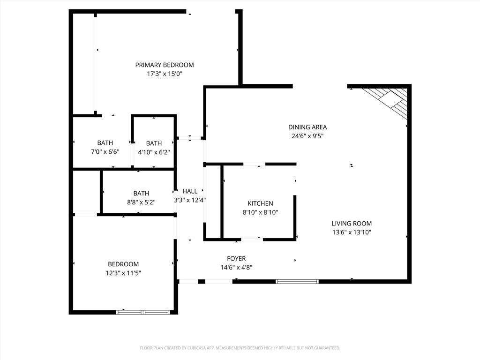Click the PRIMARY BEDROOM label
[x=165, y=65]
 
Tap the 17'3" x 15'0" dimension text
[x=165, y=74]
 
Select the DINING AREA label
[x=307, y=127]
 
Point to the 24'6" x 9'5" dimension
[x=307, y=136]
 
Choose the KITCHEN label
[x=260, y=203]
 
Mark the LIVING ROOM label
[x=352, y=224]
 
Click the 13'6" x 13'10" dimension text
[x=352, y=232]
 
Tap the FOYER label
[x=236, y=258]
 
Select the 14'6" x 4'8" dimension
[x=236, y=268]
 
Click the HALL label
[x=190, y=191]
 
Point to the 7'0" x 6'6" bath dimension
[x=105, y=151]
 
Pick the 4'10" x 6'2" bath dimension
[x=154, y=151]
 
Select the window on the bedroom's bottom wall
[x=143, y=312]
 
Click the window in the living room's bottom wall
[x=297, y=282]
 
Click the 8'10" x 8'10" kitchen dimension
[x=260, y=212]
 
